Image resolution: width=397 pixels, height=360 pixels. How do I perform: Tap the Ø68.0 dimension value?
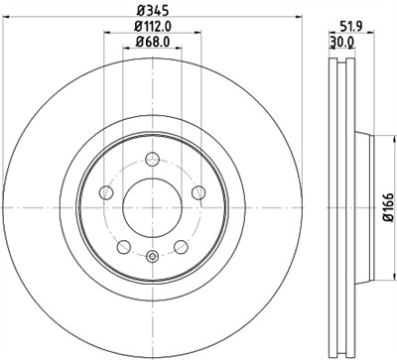(152, 43)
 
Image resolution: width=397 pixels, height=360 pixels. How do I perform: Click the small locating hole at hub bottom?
(152, 259)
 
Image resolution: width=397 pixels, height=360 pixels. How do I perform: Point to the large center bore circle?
(152, 209)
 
